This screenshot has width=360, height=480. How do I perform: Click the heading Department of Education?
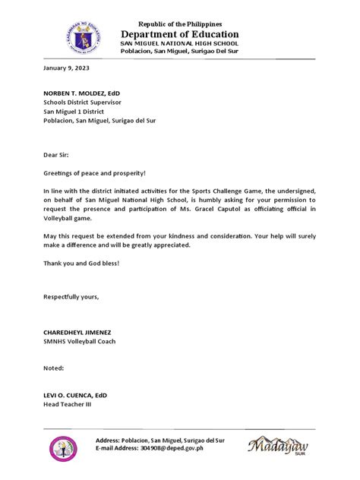click(180, 34)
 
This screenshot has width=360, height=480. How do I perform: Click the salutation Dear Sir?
click(55, 153)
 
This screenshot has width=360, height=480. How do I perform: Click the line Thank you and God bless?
click(81, 263)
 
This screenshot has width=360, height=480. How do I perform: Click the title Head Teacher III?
click(67, 406)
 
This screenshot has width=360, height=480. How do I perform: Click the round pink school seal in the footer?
click(63, 449)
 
